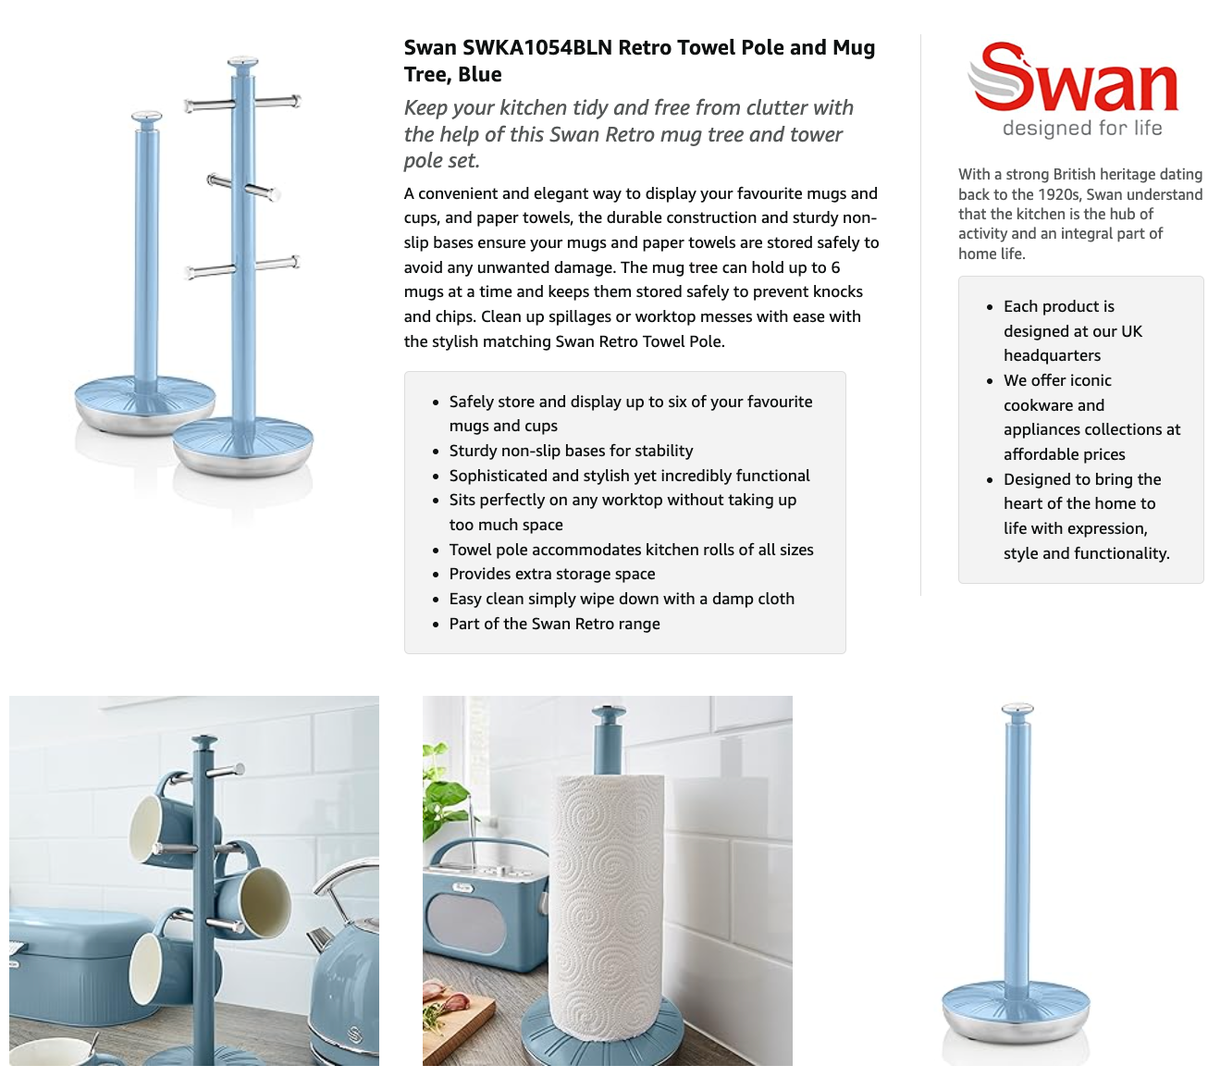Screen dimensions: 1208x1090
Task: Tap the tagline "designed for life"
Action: [1082, 128]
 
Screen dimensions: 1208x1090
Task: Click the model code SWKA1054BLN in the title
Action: [537, 47]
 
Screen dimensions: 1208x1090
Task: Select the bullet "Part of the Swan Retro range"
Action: [554, 624]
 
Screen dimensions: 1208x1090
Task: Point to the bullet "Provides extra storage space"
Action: [551, 574]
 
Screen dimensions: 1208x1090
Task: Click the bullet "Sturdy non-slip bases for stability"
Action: [571, 451]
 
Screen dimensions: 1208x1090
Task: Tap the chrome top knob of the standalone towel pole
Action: [1017, 710]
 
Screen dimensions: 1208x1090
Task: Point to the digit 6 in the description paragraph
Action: [835, 267]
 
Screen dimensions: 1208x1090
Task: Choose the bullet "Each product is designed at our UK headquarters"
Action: [1073, 331]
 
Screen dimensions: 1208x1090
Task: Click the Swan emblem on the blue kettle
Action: [354, 1033]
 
